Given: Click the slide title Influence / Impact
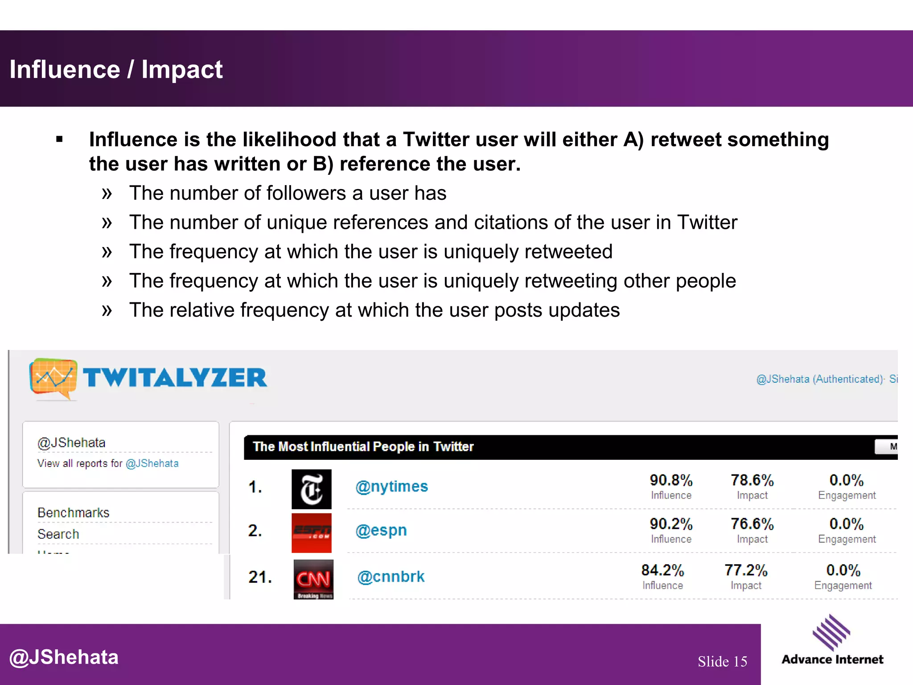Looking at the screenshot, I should (116, 70).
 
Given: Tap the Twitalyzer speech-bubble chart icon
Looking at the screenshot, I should (53, 378).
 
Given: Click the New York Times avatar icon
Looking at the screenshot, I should (311, 489).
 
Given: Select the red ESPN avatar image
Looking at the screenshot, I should (311, 532).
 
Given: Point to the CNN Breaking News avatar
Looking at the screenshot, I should (313, 579).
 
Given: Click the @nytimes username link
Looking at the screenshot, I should (391, 486).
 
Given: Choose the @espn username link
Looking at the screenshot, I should (381, 530).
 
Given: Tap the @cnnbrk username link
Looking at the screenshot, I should (391, 577).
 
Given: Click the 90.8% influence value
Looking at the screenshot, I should (671, 480).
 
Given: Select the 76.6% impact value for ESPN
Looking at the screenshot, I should (752, 524).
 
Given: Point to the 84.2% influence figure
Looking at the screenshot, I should (662, 570).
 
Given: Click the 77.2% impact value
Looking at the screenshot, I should (746, 570).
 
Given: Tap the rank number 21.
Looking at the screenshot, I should (260, 577).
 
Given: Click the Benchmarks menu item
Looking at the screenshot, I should (74, 513).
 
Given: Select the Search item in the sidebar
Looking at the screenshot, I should (58, 534).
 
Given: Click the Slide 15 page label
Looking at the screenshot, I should (722, 661).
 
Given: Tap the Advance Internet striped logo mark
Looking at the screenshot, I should (831, 632).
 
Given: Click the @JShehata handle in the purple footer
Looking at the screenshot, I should (64, 657).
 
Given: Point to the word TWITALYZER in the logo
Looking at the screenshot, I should (175, 378).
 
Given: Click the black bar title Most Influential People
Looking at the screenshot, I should (363, 446).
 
